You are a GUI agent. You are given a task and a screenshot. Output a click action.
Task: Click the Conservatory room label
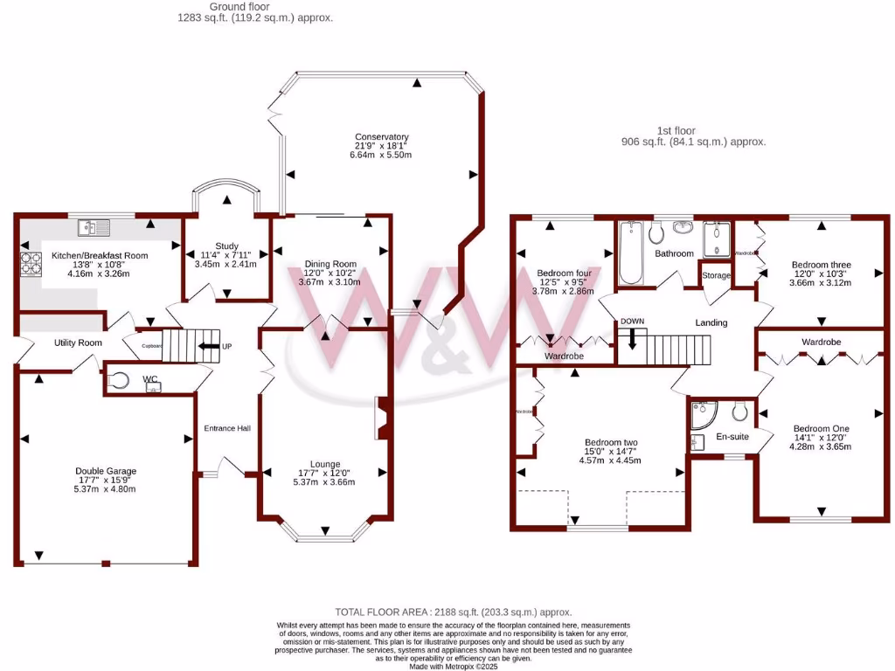click(x=382, y=137)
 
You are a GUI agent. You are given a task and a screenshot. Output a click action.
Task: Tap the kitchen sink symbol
click(x=92, y=227)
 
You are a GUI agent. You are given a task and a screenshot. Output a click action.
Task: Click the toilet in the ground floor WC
click(x=121, y=380)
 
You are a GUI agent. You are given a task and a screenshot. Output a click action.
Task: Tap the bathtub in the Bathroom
click(x=631, y=253)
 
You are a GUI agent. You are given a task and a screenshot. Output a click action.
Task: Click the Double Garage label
click(x=105, y=472)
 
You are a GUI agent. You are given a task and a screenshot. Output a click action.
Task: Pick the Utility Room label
click(x=78, y=343)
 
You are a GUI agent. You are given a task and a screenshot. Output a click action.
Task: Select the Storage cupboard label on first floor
click(x=717, y=276)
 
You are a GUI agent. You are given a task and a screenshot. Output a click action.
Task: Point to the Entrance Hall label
click(x=227, y=428)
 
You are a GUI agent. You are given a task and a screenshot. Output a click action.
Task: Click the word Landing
click(x=711, y=323)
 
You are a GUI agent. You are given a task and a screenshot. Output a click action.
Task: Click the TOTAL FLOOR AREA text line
click(x=454, y=612)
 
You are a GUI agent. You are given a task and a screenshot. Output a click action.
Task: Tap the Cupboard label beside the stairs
click(x=152, y=345)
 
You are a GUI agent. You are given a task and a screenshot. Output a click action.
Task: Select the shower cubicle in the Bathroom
click(x=716, y=238)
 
